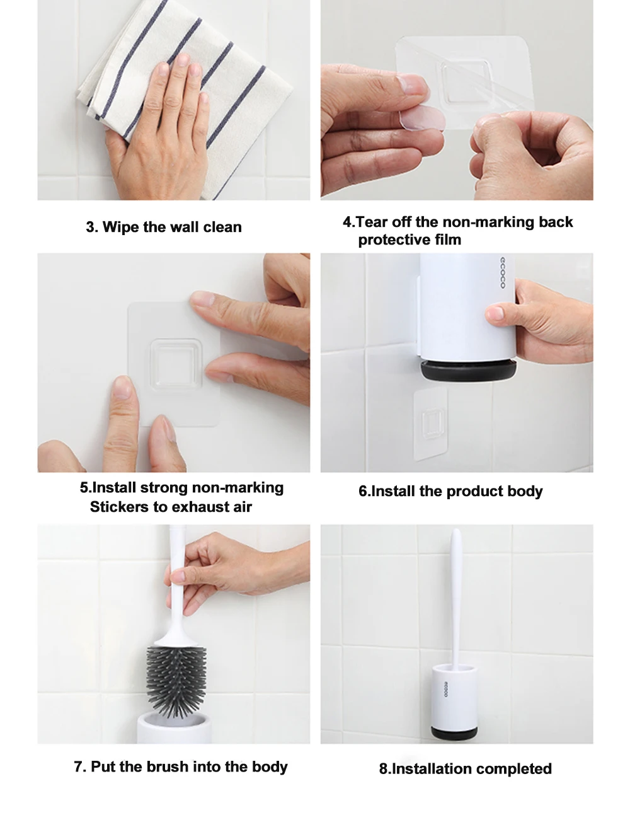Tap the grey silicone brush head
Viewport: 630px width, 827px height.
coord(176,682)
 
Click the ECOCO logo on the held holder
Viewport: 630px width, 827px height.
coord(502,273)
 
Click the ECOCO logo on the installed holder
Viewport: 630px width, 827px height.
coord(446,689)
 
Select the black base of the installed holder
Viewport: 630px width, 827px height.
coord(454,733)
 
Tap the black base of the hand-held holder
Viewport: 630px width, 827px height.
coord(468,369)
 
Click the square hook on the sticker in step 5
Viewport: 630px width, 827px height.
coord(176,364)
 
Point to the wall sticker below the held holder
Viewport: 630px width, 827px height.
coord(430,424)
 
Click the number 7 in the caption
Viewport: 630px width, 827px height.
coord(78,766)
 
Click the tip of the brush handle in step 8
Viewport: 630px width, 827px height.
coord(456,529)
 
